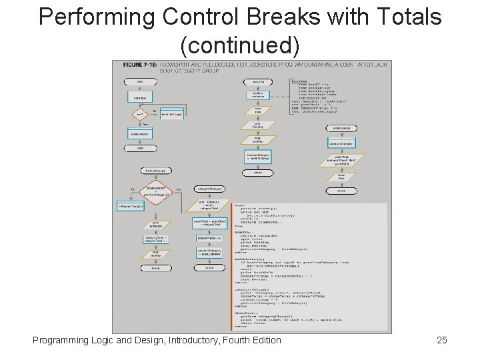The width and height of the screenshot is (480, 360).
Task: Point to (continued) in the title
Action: (x=240, y=45)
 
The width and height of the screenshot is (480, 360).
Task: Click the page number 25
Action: (x=441, y=341)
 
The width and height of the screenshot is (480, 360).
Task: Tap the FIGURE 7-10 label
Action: (x=138, y=65)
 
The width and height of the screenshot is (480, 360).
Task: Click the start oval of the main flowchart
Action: (x=140, y=81)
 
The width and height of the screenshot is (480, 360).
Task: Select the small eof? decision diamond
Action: (x=139, y=114)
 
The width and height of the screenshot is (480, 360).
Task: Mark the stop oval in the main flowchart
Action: (x=140, y=148)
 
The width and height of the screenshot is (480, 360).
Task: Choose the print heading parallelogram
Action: (x=257, y=125)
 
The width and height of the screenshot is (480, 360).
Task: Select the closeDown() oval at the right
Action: (x=341, y=128)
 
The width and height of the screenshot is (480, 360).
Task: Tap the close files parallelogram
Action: (x=341, y=177)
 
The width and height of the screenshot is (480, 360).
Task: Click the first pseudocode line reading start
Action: (x=239, y=205)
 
